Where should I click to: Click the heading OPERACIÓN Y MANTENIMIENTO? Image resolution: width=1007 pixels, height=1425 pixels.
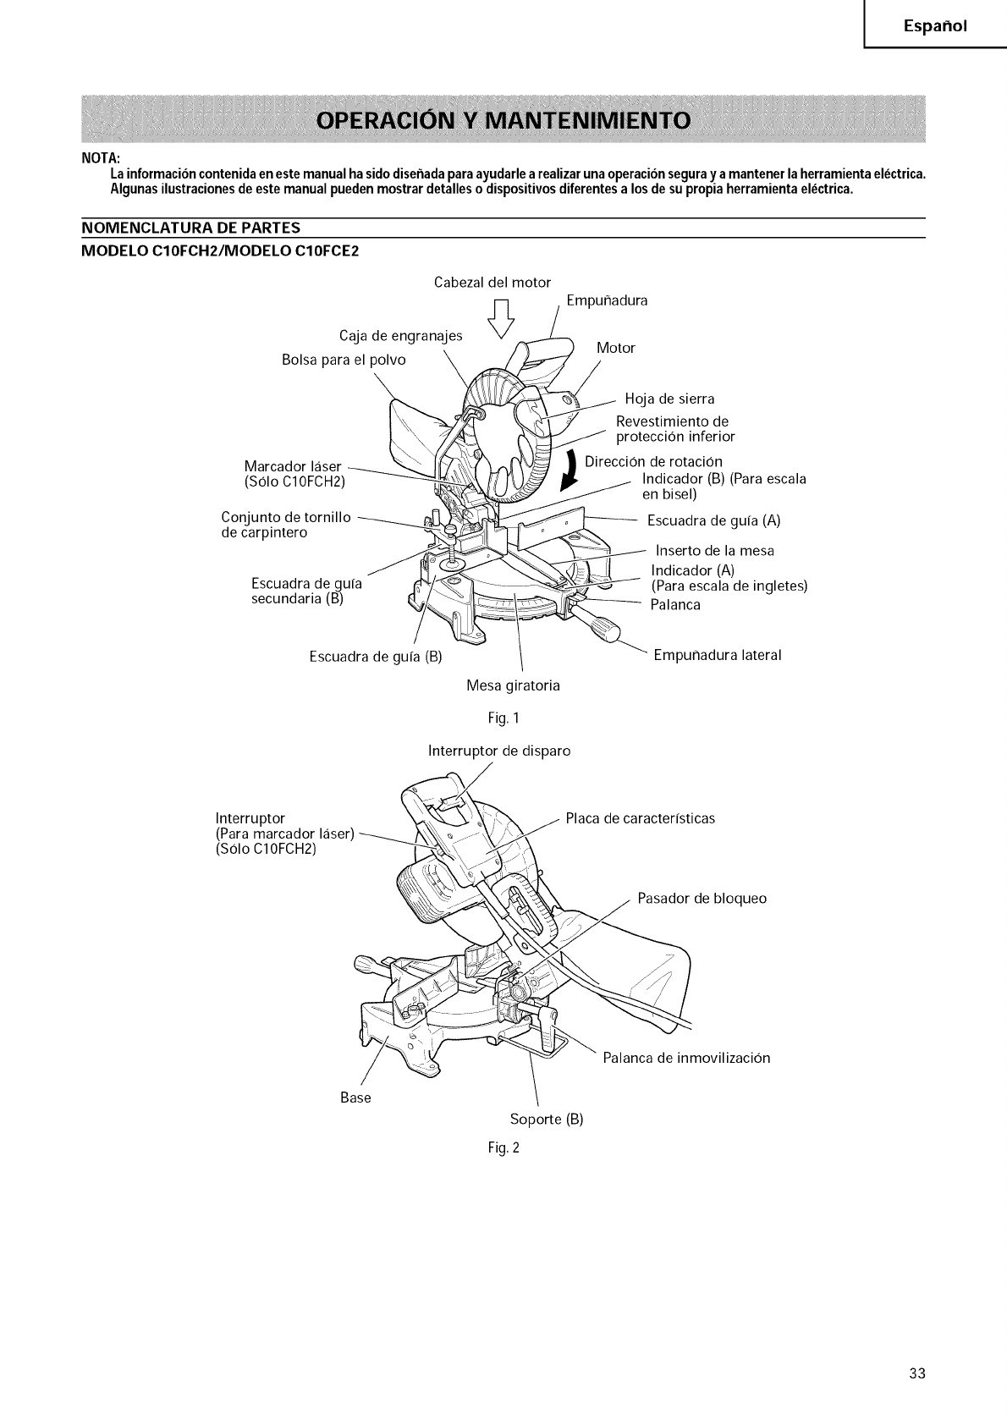coord(503,118)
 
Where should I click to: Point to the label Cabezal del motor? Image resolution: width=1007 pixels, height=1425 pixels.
coord(492,282)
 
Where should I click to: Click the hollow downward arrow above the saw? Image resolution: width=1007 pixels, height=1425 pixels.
coord(503,320)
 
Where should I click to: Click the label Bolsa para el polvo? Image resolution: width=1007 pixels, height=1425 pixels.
coord(343,360)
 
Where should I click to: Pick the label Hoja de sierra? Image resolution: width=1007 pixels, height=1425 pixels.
coord(669,399)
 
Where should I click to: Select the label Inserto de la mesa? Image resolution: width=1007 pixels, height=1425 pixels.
coord(715,551)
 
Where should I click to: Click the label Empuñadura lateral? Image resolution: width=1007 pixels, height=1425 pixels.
coord(718,655)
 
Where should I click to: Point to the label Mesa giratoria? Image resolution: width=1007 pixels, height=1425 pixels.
coord(513,685)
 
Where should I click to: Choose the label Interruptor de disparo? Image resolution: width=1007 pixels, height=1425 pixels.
coord(499,751)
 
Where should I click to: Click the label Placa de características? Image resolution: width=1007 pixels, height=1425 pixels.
coord(640,818)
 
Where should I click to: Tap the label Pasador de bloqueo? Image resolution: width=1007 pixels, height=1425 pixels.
coord(702,898)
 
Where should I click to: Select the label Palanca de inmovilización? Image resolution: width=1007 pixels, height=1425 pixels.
coord(686,1058)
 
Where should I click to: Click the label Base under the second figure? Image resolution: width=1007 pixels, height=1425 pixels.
coord(355,1098)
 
